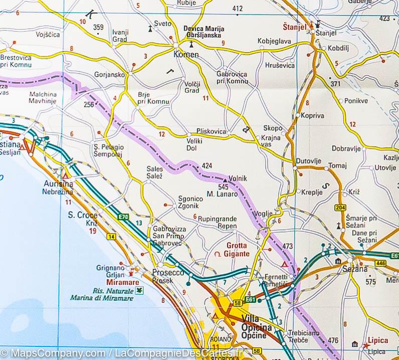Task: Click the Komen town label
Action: pos(186,55)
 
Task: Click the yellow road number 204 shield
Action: pos(341,208)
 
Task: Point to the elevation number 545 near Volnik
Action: pos(224,187)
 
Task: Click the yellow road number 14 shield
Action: pos(111,236)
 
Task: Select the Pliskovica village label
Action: pos(212,131)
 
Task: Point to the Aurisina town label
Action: pos(58,184)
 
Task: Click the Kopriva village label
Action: pos(313,116)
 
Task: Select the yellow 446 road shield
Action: pos(381,263)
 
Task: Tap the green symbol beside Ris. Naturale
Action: pos(139,290)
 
